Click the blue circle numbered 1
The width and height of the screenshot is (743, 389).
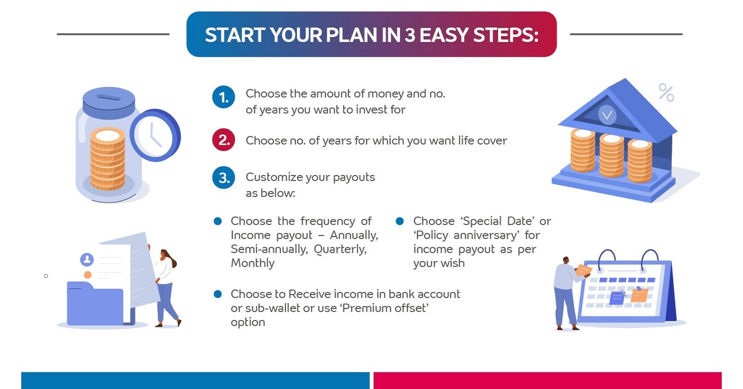coord(224,98)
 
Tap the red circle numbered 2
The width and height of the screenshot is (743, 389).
coord(224,141)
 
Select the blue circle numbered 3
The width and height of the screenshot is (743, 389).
coord(224,178)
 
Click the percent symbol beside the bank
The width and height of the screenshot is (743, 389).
coord(666,92)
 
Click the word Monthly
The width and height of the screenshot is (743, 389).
coord(252,263)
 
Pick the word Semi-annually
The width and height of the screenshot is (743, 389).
coord(269,249)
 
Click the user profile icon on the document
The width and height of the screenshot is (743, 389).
coord(87,260)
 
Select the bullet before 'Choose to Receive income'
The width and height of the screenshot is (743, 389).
coord(217,293)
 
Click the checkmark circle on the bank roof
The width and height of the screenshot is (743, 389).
coord(607,115)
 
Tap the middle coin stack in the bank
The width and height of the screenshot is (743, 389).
coord(611,154)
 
